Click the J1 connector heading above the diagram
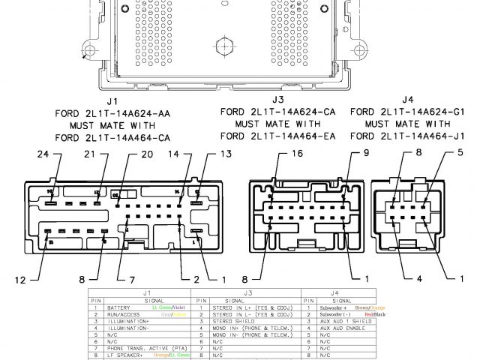[x=112, y=100]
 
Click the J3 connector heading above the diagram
[x=278, y=99]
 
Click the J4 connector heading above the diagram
[x=408, y=99]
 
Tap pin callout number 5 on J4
[x=460, y=153]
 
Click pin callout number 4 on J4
[x=418, y=279]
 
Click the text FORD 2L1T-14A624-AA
[x=112, y=113]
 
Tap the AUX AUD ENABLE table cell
[x=342, y=328]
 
